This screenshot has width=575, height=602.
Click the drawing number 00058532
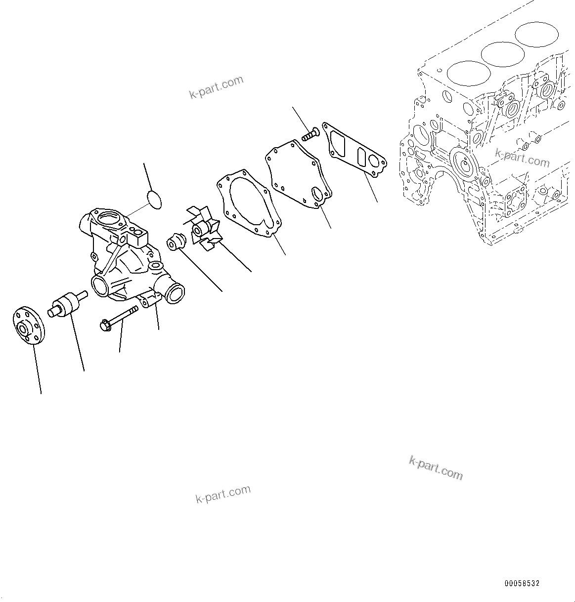coord(522,583)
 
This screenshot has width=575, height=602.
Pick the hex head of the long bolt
coord(105,325)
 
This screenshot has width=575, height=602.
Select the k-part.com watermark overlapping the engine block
coord(522,158)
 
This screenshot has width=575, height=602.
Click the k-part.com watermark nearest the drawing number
coord(436,468)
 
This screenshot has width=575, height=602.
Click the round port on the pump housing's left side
coord(99,286)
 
